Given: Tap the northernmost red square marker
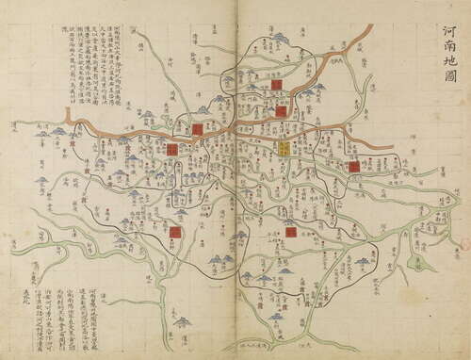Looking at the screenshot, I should (x=276, y=84).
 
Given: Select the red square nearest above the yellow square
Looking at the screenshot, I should (x=281, y=111).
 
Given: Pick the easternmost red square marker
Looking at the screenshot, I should (x=353, y=167).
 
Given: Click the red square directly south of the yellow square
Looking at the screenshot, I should (x=290, y=231).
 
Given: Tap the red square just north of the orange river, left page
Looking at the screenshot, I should (x=198, y=129).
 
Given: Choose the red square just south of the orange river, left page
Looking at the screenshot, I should (x=173, y=149).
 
